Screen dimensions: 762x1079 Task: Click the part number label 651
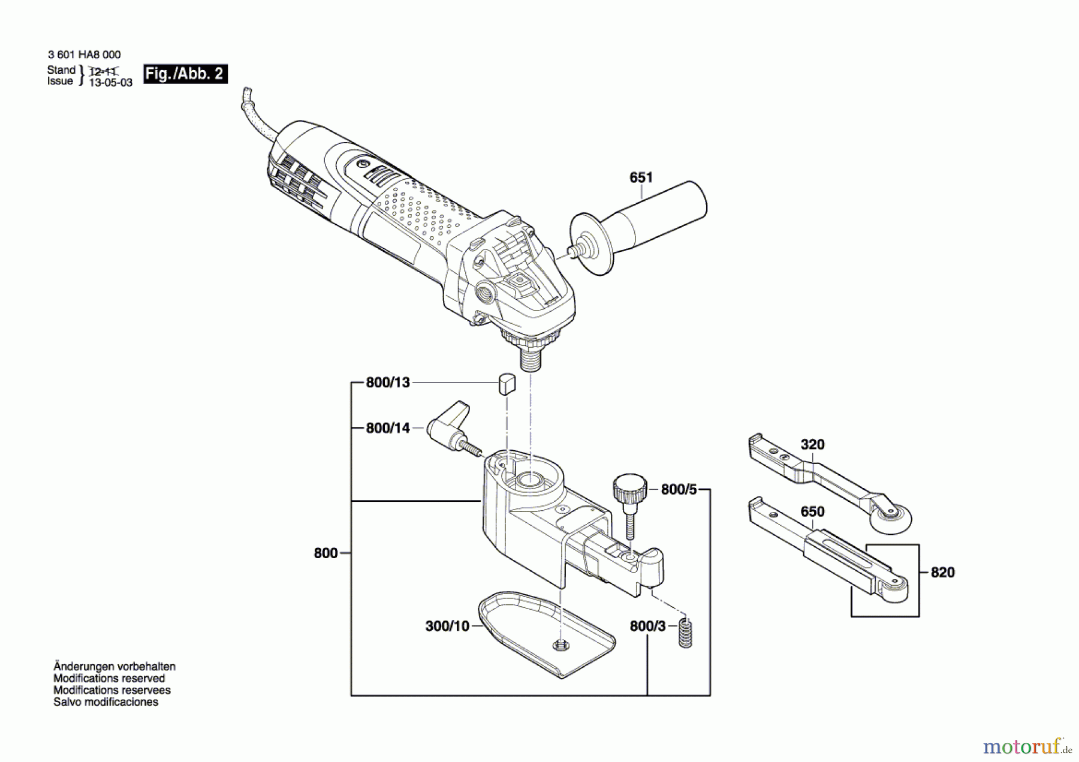(641, 177)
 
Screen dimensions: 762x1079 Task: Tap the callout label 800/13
(388, 382)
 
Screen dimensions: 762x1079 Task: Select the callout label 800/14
(388, 428)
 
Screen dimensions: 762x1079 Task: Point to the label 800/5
(679, 490)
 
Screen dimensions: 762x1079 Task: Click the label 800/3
(647, 627)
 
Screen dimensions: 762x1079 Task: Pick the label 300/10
(447, 627)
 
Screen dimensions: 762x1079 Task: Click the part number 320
(812, 445)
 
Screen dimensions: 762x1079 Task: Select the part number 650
(812, 512)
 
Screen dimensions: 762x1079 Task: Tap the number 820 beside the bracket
(942, 573)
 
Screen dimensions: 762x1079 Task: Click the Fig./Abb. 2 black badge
(185, 74)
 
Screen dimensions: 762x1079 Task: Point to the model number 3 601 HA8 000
(84, 55)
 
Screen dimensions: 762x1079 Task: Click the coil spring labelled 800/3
(685, 633)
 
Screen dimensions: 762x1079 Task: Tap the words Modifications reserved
(109, 678)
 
